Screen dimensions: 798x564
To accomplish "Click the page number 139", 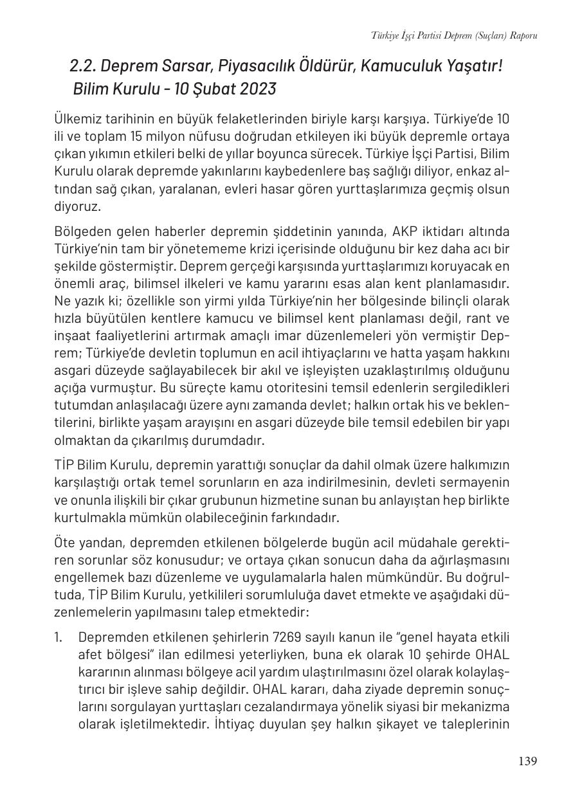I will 527,761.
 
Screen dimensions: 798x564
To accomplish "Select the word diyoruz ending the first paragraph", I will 77,206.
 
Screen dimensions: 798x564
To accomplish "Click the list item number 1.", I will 59,637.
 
